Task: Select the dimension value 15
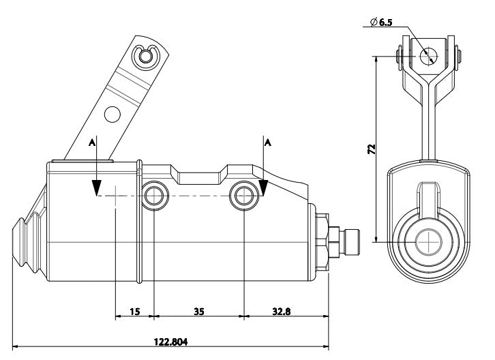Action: [x=134, y=312]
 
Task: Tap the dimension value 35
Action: [x=198, y=312]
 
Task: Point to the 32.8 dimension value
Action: [x=280, y=312]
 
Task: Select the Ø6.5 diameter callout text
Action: [x=381, y=22]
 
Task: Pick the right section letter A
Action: [x=267, y=142]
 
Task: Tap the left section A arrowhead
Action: [x=97, y=187]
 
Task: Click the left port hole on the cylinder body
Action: [x=153, y=196]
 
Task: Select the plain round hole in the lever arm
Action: [x=113, y=113]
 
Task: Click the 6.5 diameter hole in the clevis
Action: [x=428, y=56]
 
